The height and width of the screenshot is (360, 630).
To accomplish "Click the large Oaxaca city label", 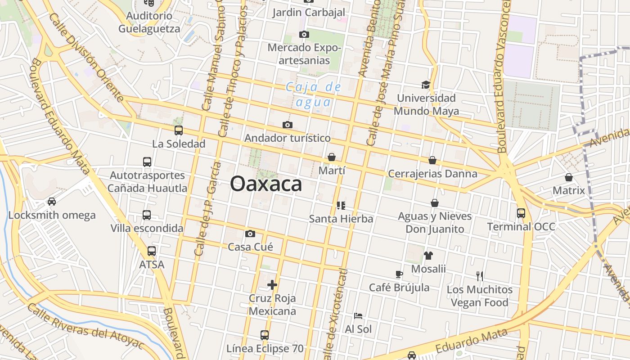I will (266, 184).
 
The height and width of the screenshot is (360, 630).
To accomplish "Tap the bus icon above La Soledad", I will (179, 130).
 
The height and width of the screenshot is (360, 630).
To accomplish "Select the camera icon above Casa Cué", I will (250, 234).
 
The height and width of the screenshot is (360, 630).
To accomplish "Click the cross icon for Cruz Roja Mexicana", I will (272, 284).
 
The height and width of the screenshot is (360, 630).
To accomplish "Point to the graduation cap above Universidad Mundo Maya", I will (426, 85).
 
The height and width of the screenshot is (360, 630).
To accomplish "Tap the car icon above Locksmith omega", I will (52, 201).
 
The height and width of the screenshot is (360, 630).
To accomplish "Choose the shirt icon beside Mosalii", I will (428, 256).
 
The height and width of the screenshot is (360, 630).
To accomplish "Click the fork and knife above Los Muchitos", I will (480, 276).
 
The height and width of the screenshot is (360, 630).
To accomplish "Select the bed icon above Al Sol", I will (358, 315).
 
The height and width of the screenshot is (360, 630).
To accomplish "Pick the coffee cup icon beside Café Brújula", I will (399, 274).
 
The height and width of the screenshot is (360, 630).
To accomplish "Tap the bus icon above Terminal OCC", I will (521, 213).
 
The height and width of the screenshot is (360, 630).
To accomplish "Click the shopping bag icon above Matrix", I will (569, 177).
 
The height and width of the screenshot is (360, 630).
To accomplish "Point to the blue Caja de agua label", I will (314, 94).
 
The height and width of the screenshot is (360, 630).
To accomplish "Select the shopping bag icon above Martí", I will (332, 157).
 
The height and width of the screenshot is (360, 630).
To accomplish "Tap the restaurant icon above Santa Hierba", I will (341, 206).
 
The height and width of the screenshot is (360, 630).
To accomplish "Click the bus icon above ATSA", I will (152, 251).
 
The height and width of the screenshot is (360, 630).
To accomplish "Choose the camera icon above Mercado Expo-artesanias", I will (304, 34).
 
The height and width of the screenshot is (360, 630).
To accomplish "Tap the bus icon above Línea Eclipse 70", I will (265, 335).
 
